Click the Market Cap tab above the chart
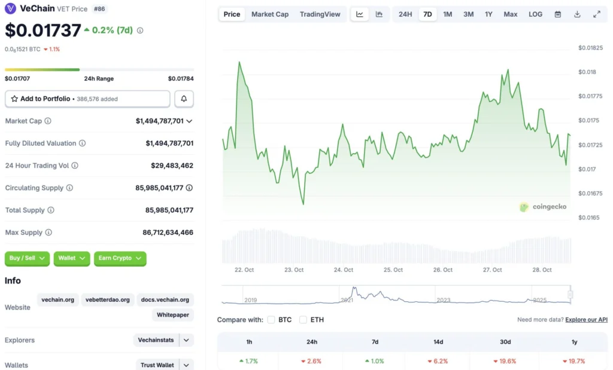point(269,14)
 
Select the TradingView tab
point(320,14)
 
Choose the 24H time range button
point(405,14)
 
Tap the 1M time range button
point(447,14)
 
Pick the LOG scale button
point(535,14)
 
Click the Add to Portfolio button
point(87,99)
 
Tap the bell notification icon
point(184,99)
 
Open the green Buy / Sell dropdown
point(28,258)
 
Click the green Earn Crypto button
point(120,258)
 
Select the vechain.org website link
point(58,299)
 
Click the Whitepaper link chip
point(173,314)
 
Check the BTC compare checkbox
point(271,320)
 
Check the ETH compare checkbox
point(304,320)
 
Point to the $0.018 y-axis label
point(587,72)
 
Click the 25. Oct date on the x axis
point(393,270)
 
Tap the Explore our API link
point(586,320)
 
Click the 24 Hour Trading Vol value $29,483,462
point(172,166)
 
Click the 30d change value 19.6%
point(506,361)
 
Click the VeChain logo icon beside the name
point(11,9)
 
